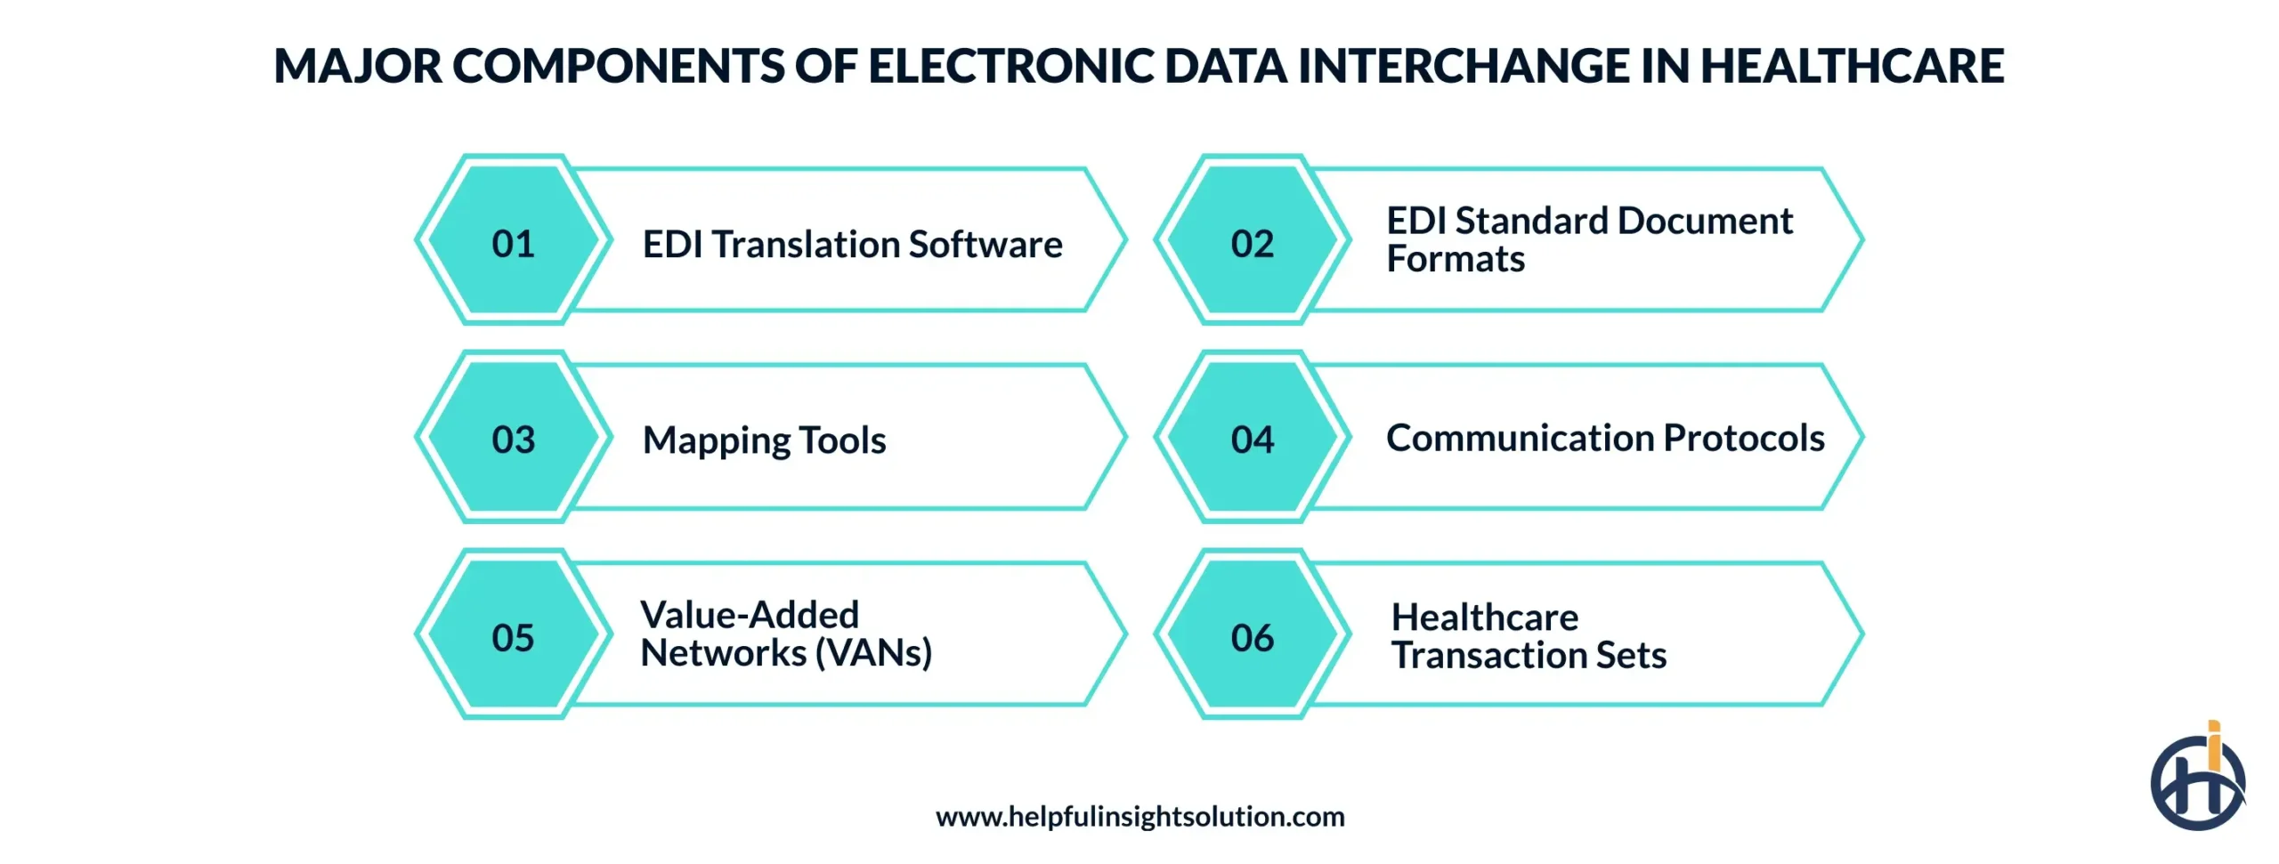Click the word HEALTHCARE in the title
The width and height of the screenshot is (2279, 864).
pos(1852,66)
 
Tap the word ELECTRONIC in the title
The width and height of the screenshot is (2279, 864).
pos(1010,66)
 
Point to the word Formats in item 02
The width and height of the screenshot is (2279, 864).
pos(1455,260)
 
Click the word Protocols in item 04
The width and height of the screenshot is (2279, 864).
pos(1744,438)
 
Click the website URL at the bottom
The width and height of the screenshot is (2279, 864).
pos(1139,816)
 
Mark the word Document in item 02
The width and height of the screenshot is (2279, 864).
pos(1705,221)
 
